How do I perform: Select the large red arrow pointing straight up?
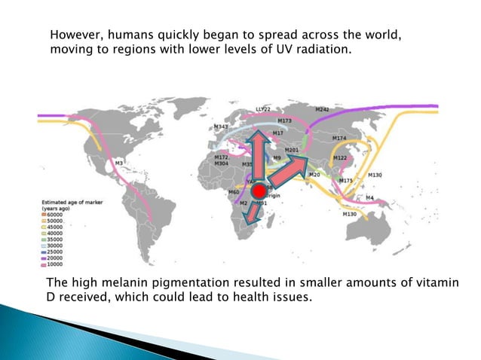256,154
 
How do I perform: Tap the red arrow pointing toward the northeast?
290,174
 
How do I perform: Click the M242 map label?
321,110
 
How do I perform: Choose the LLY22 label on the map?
263,109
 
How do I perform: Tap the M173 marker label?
284,121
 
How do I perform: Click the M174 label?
339,138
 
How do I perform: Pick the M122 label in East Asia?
340,158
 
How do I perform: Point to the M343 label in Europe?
221,127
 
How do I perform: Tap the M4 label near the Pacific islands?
369,197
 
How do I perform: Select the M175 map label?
346,181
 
